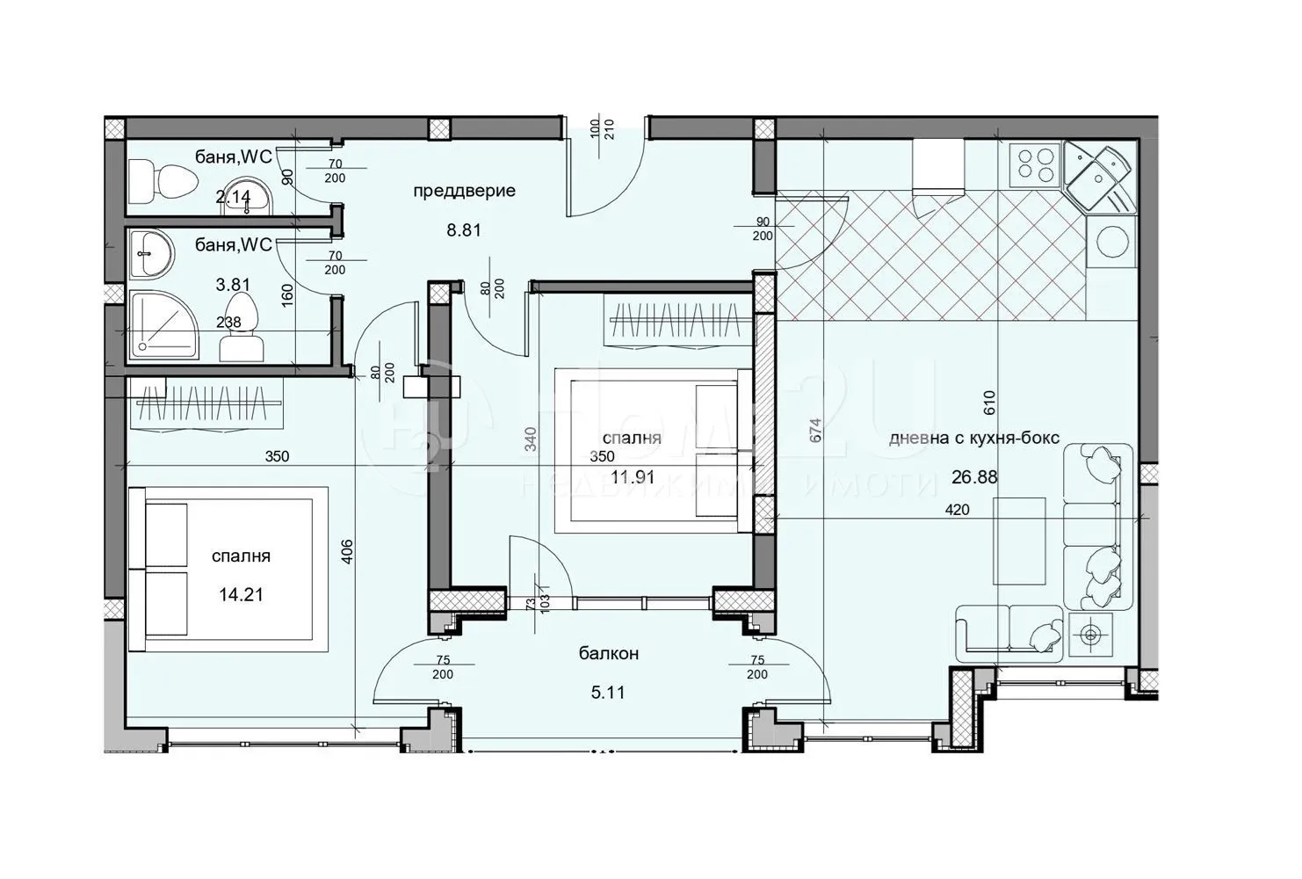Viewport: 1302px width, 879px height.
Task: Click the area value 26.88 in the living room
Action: click(973, 477)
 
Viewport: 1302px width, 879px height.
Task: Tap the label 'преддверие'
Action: click(464, 191)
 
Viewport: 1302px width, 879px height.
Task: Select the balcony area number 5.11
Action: click(607, 693)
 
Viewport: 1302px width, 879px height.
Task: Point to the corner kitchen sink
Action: click(1098, 175)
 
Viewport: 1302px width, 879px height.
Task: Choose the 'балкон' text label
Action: click(608, 654)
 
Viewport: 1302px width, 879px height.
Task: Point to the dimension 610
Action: click(988, 403)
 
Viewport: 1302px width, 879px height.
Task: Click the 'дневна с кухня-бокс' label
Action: click(973, 438)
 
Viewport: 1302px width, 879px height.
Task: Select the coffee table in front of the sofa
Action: click(1019, 541)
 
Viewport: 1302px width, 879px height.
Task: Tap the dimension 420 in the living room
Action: click(958, 510)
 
